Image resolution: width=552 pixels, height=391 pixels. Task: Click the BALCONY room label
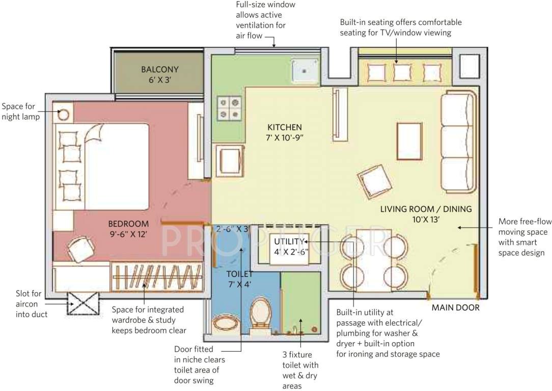tap(160, 74)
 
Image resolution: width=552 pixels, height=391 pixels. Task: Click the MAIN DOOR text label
tap(455, 308)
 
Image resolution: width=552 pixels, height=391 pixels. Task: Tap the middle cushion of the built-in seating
tap(402, 73)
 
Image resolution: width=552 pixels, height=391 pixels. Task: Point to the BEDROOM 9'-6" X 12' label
tap(128, 229)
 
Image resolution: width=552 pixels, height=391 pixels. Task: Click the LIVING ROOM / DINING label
tap(426, 214)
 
